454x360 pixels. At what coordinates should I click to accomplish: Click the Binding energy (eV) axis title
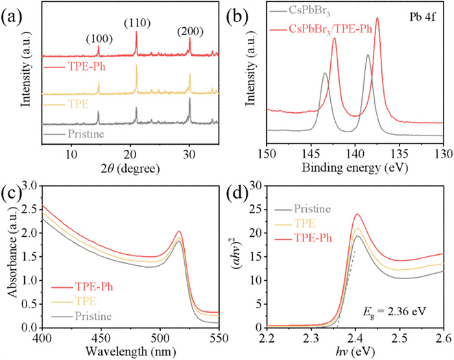(353, 168)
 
